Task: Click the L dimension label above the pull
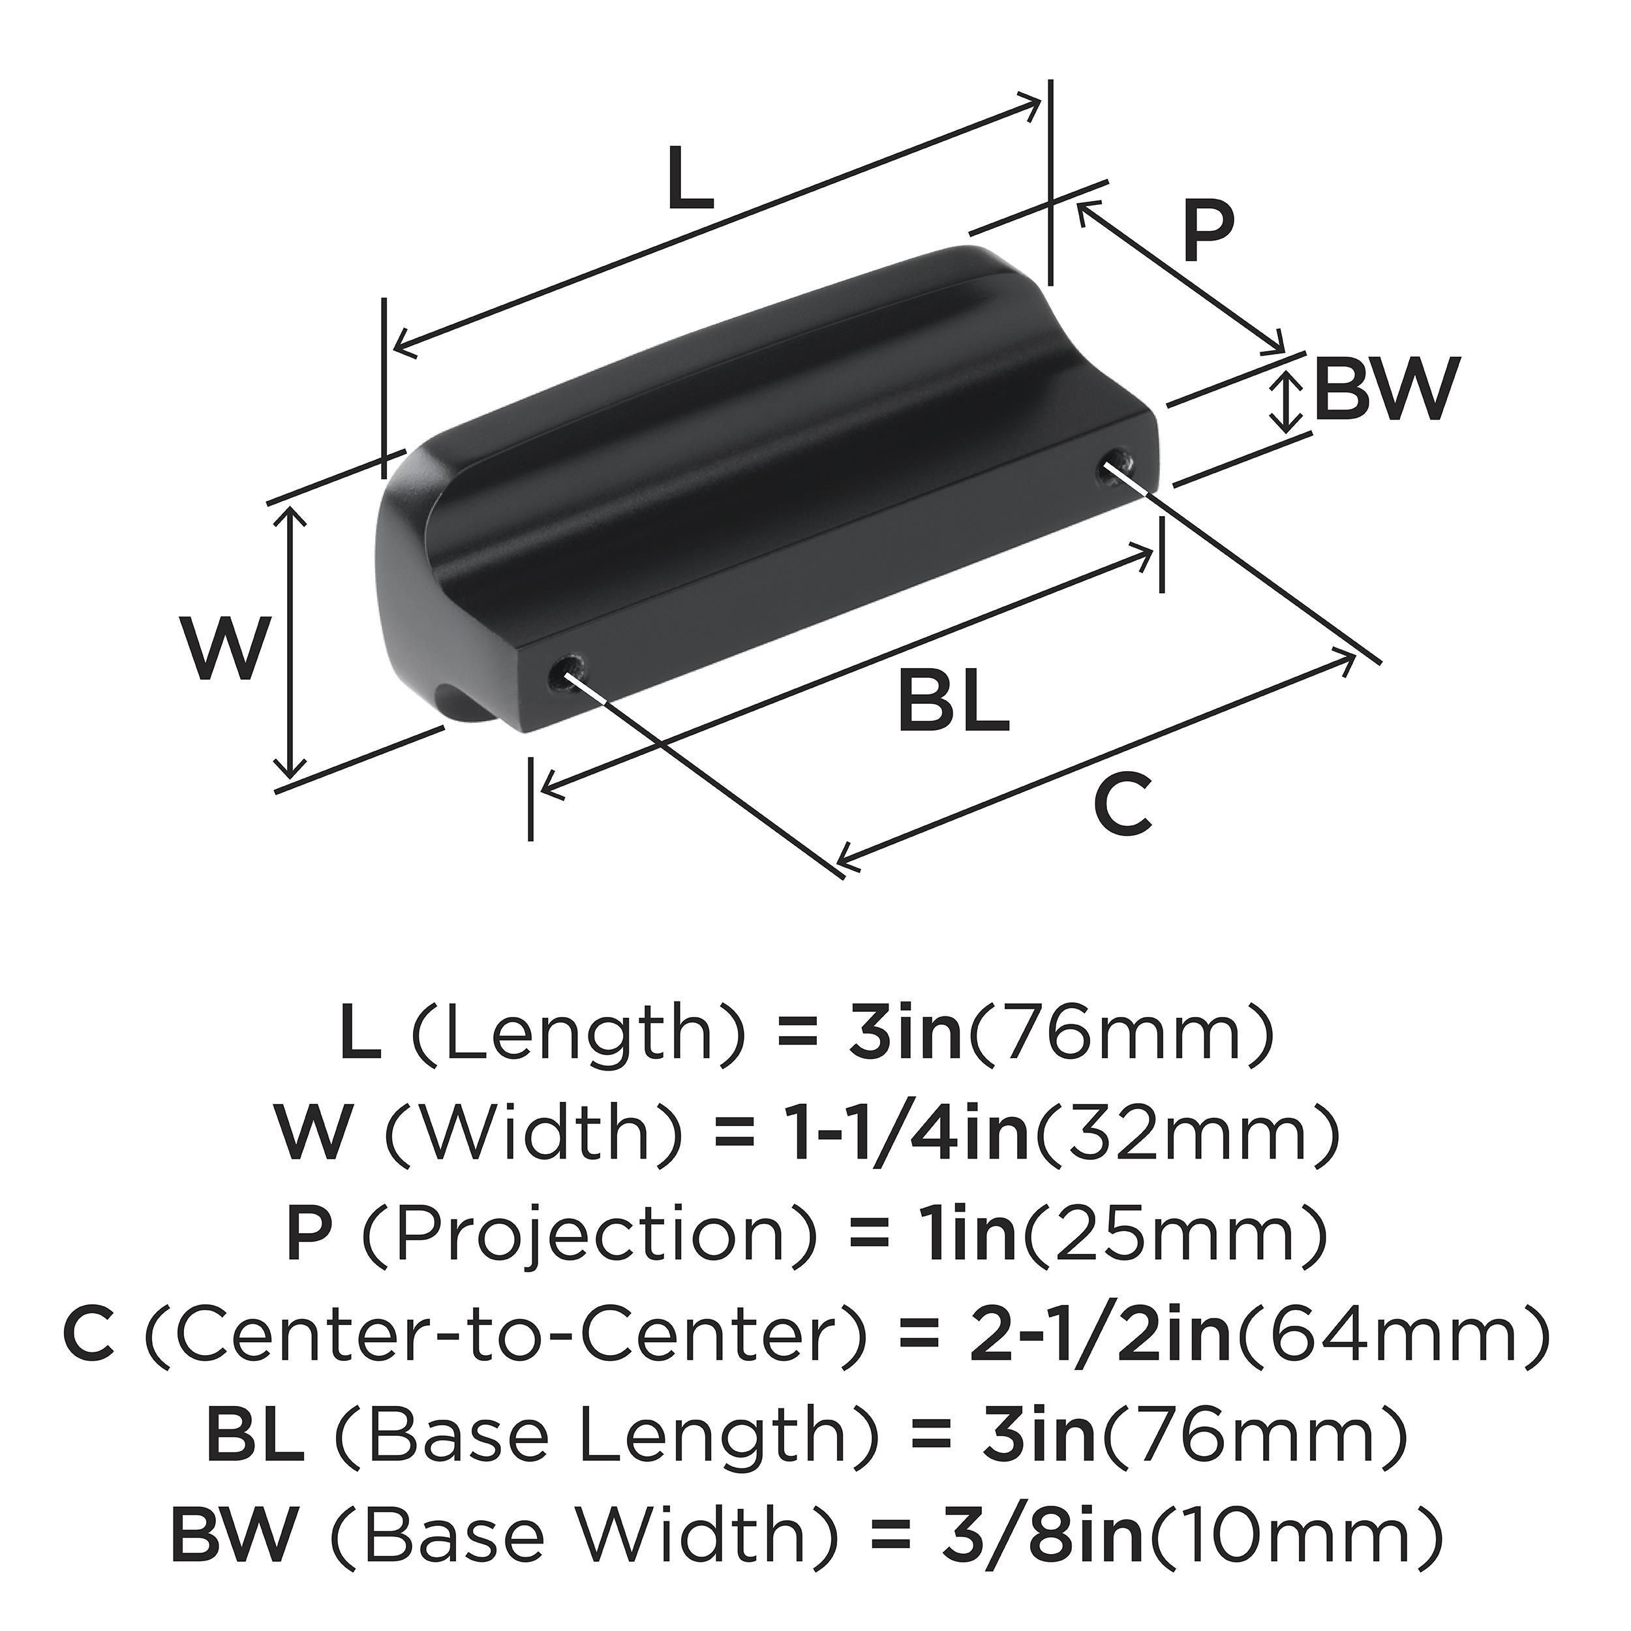690,179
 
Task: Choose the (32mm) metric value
1186,1135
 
